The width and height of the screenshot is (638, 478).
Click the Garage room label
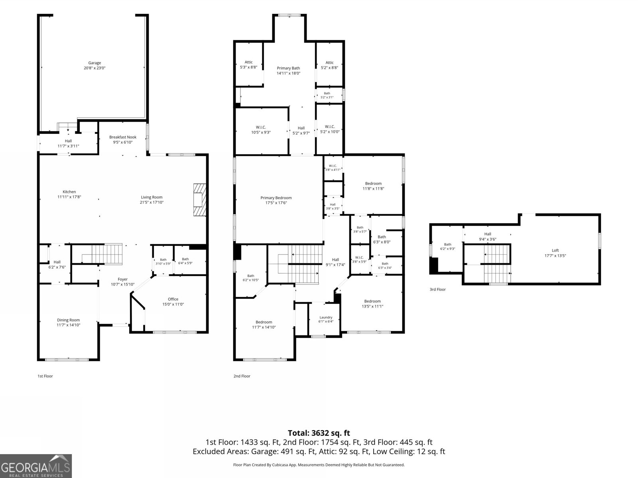point(95,63)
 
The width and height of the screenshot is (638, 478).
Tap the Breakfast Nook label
point(123,137)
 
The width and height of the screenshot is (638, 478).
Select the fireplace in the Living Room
point(200,200)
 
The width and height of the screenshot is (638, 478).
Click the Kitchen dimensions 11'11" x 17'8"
point(69,197)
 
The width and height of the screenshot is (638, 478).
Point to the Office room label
point(173,299)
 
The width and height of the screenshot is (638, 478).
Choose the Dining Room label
point(68,320)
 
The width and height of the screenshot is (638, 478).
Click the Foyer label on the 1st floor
point(123,279)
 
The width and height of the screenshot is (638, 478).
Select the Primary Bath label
point(288,68)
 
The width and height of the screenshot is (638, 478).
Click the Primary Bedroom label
point(276,198)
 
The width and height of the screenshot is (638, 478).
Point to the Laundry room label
point(326,317)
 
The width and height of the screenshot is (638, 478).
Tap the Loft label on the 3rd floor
point(555,250)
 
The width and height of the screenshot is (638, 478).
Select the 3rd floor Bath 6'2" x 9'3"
point(448,247)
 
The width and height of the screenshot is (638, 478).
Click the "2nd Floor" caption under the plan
point(242,376)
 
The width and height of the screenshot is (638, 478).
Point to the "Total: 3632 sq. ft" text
point(319,433)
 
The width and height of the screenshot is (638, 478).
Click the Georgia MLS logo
point(36,466)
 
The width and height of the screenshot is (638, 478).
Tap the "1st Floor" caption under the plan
point(45,376)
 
